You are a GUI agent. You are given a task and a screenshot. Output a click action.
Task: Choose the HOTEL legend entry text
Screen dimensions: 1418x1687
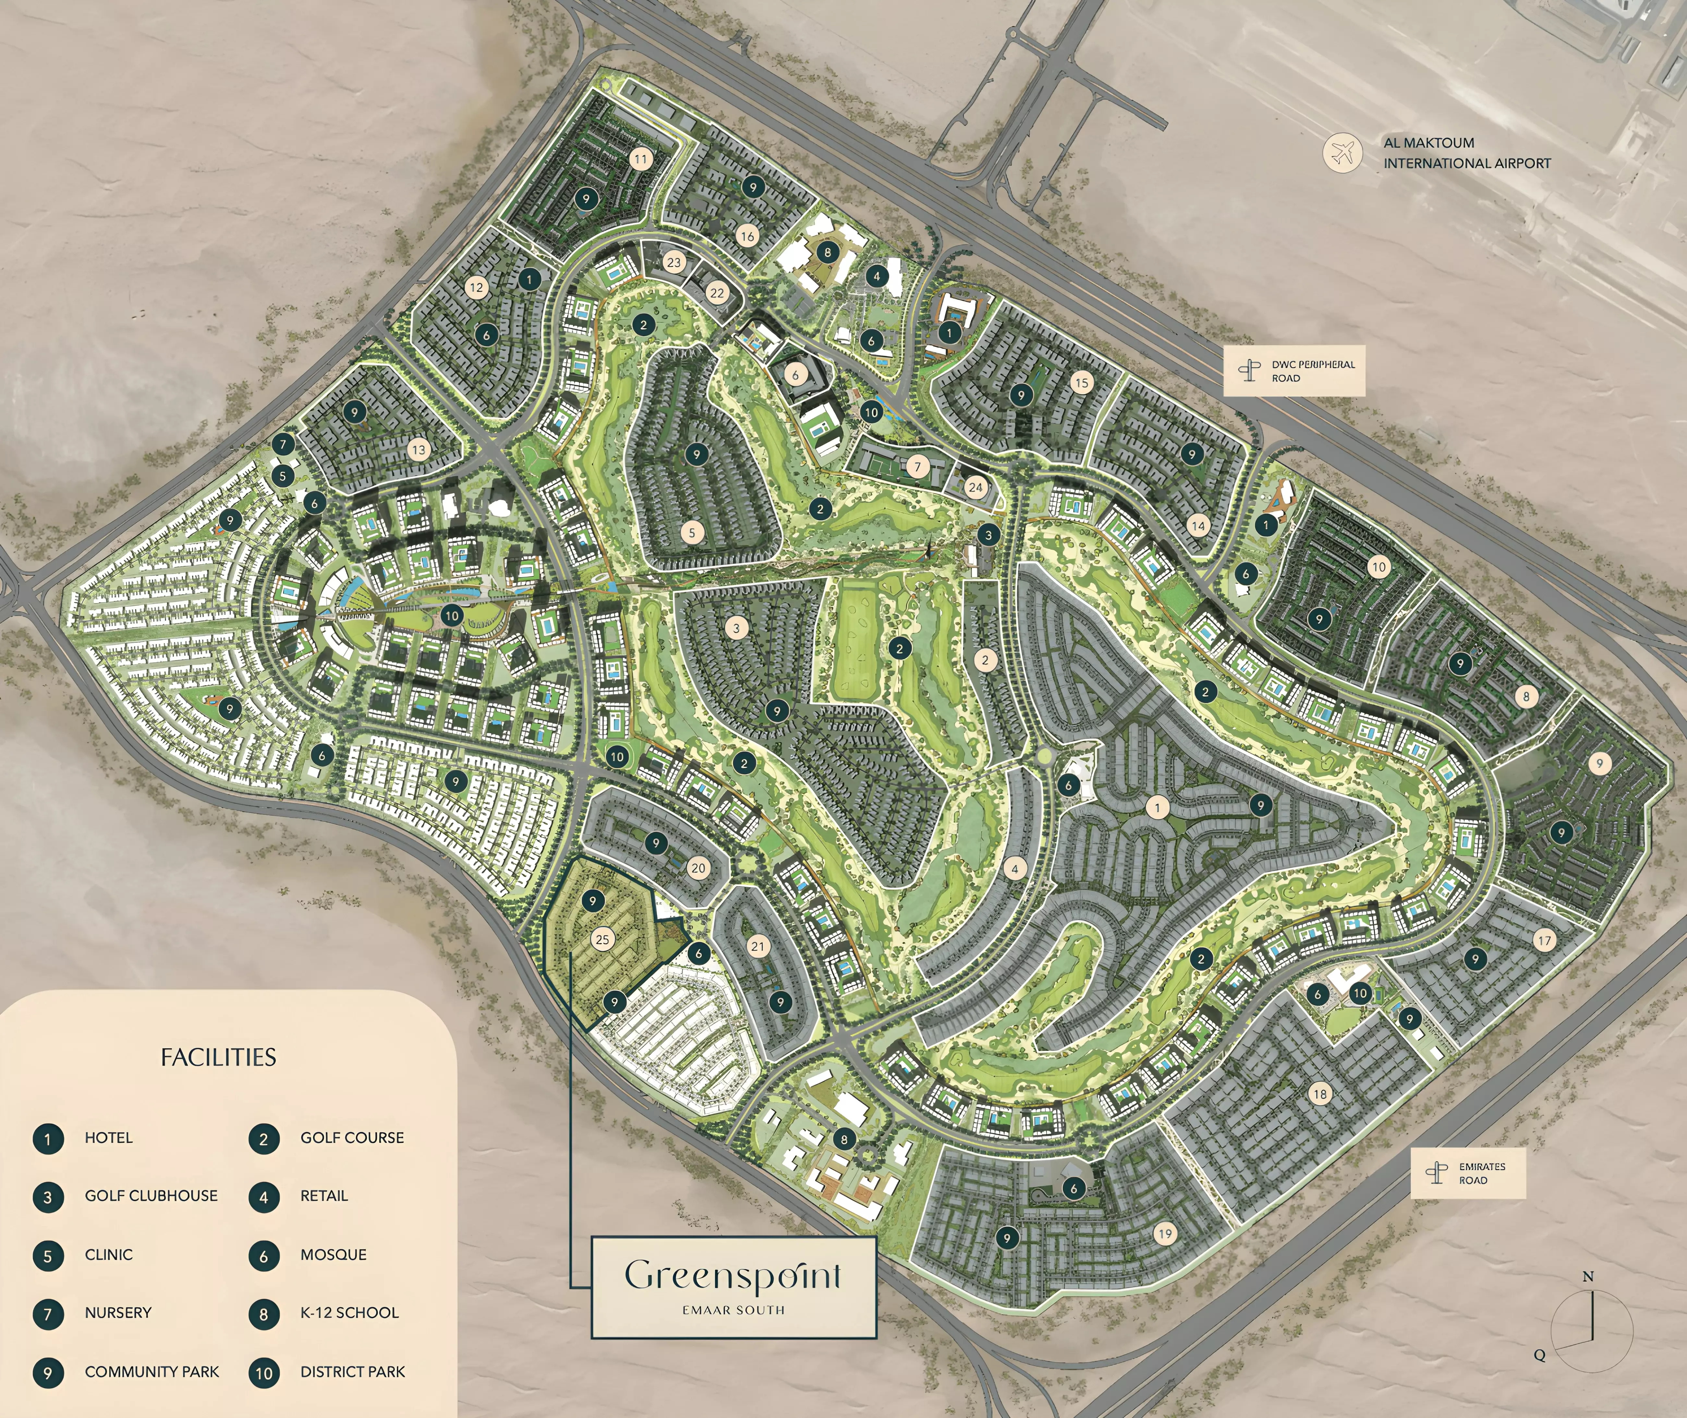[x=109, y=1137]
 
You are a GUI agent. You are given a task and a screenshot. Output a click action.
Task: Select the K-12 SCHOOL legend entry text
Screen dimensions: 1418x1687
[x=349, y=1313]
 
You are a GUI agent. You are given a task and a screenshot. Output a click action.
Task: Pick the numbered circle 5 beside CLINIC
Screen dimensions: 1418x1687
[x=47, y=1256]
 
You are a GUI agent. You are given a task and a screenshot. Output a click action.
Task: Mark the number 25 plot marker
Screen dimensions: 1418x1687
[x=602, y=939]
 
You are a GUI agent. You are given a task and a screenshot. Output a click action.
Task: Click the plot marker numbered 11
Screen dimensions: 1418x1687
[x=640, y=159]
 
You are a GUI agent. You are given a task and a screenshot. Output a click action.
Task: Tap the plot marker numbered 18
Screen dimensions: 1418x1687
[x=1319, y=1094]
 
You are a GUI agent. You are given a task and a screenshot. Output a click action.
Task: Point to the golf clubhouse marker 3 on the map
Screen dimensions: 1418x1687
[x=988, y=535]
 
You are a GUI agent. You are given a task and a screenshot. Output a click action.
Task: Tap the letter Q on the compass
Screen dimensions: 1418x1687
[x=1539, y=1355]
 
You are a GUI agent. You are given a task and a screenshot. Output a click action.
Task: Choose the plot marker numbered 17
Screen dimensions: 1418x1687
[x=1544, y=941]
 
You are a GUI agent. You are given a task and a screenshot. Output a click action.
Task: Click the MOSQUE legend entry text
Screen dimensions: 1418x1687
[x=333, y=1255]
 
